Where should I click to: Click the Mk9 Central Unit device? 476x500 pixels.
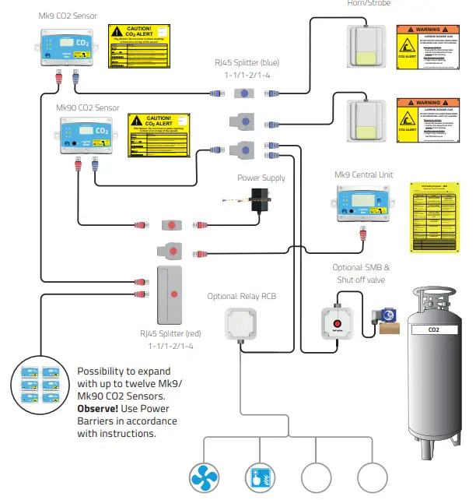364,204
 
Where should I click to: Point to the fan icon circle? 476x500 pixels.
206,477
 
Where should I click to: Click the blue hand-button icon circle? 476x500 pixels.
261,477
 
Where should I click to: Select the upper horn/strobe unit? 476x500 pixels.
368,46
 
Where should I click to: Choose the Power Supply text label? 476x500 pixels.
261,178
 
